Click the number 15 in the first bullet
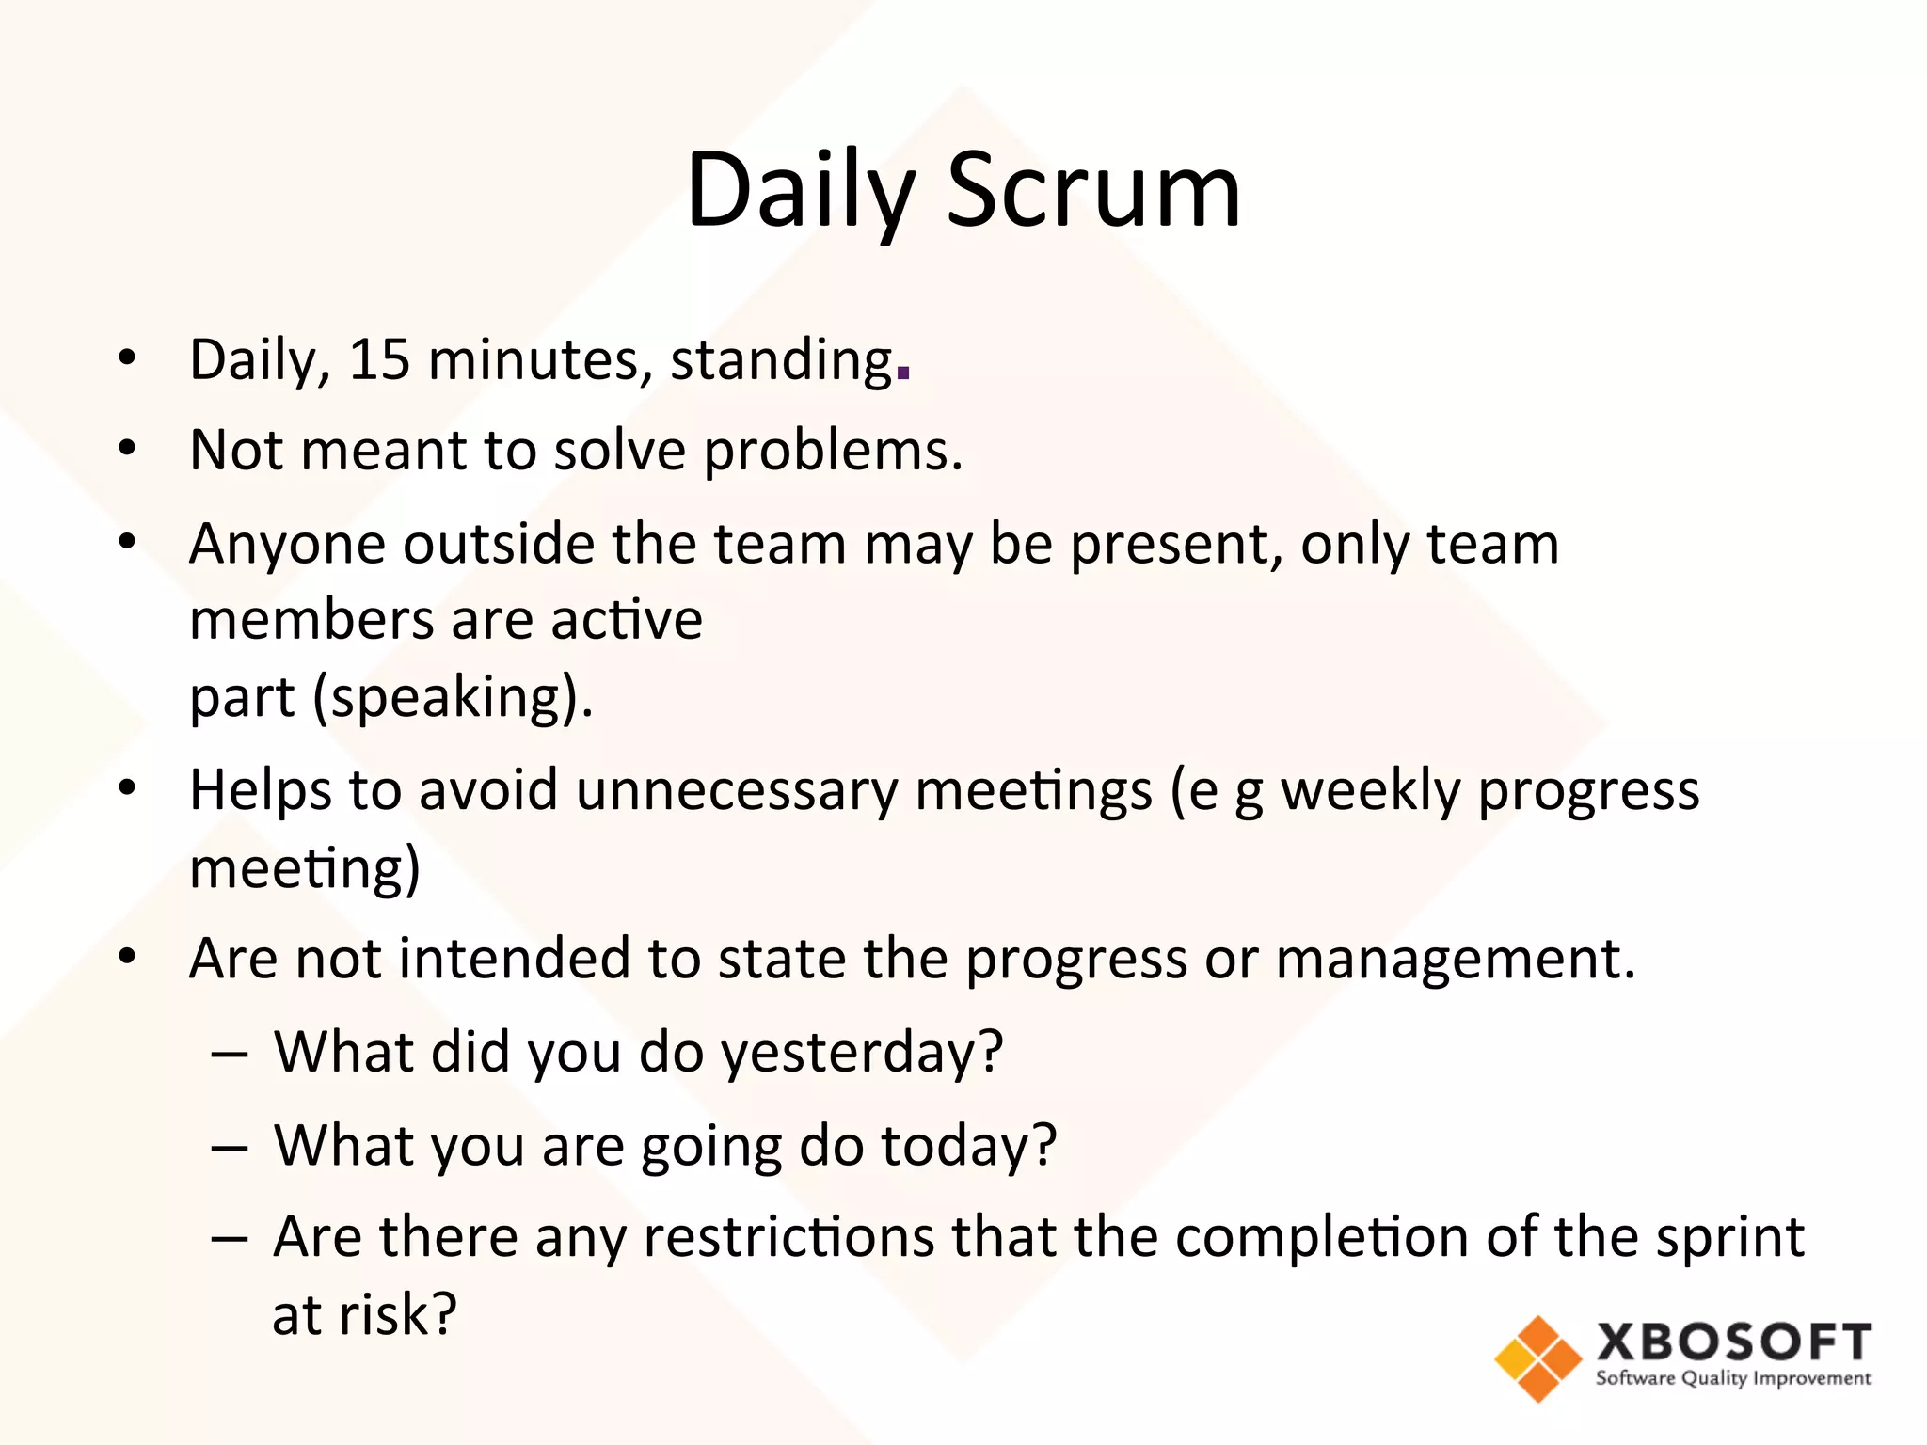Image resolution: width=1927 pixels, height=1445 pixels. [379, 360]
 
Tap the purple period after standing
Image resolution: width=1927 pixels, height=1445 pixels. [903, 373]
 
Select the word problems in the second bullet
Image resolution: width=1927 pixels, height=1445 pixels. [833, 452]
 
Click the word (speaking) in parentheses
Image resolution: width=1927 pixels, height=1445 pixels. [452, 698]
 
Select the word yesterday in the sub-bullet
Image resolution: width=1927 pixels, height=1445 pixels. [861, 1053]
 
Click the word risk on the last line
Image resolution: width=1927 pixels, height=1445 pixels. [398, 1314]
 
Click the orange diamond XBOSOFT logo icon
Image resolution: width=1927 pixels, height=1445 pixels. [1538, 1358]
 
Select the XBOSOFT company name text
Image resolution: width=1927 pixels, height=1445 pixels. [1733, 1342]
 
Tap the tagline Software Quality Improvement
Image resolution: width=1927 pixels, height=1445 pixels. [1733, 1379]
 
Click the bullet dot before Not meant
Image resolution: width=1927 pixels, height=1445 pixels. [128, 449]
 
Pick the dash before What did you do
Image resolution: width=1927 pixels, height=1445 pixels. [230, 1053]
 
